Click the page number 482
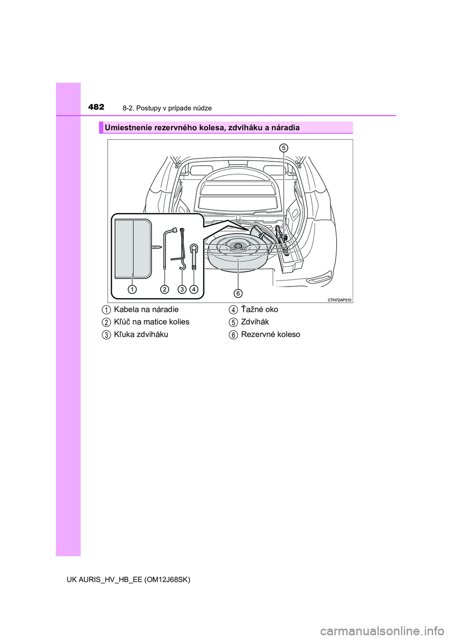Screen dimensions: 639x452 [x=96, y=107]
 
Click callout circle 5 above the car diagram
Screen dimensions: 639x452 [x=283, y=148]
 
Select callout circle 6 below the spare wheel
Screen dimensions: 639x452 [x=238, y=293]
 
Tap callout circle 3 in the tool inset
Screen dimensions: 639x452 [x=182, y=289]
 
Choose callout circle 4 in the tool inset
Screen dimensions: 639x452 [x=194, y=289]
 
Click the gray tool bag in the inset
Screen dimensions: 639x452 [x=133, y=248]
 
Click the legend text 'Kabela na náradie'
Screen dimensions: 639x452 [x=146, y=310]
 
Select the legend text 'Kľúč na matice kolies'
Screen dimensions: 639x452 [x=152, y=322]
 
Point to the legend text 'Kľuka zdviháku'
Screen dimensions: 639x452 [x=141, y=335]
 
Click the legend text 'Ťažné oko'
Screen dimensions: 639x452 [x=259, y=310]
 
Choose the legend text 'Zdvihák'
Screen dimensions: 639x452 [x=255, y=322]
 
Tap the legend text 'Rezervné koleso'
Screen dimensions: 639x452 [x=270, y=335]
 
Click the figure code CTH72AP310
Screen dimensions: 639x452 [x=339, y=300]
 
